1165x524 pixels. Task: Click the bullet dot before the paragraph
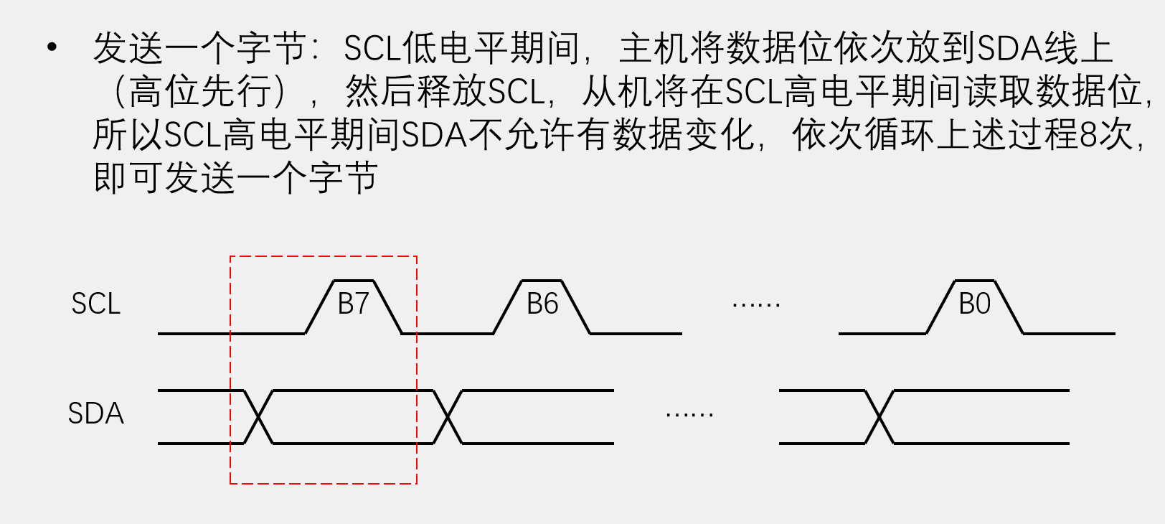pos(51,48)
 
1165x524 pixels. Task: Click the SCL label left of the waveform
pos(95,304)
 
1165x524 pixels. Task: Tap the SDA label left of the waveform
pos(95,413)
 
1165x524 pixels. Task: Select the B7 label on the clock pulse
pos(353,304)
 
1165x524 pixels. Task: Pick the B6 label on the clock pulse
pos(542,304)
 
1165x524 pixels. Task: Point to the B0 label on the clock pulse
pos(974,304)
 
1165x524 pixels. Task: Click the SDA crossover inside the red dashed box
pos(258,417)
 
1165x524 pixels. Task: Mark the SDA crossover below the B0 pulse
pos(879,417)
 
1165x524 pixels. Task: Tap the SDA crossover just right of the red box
pos(448,417)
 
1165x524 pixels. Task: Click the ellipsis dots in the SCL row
pos(756,305)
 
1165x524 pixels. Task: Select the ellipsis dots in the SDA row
pos(689,415)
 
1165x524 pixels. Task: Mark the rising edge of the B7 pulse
pos(320,307)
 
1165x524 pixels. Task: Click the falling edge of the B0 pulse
pos(1009,307)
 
